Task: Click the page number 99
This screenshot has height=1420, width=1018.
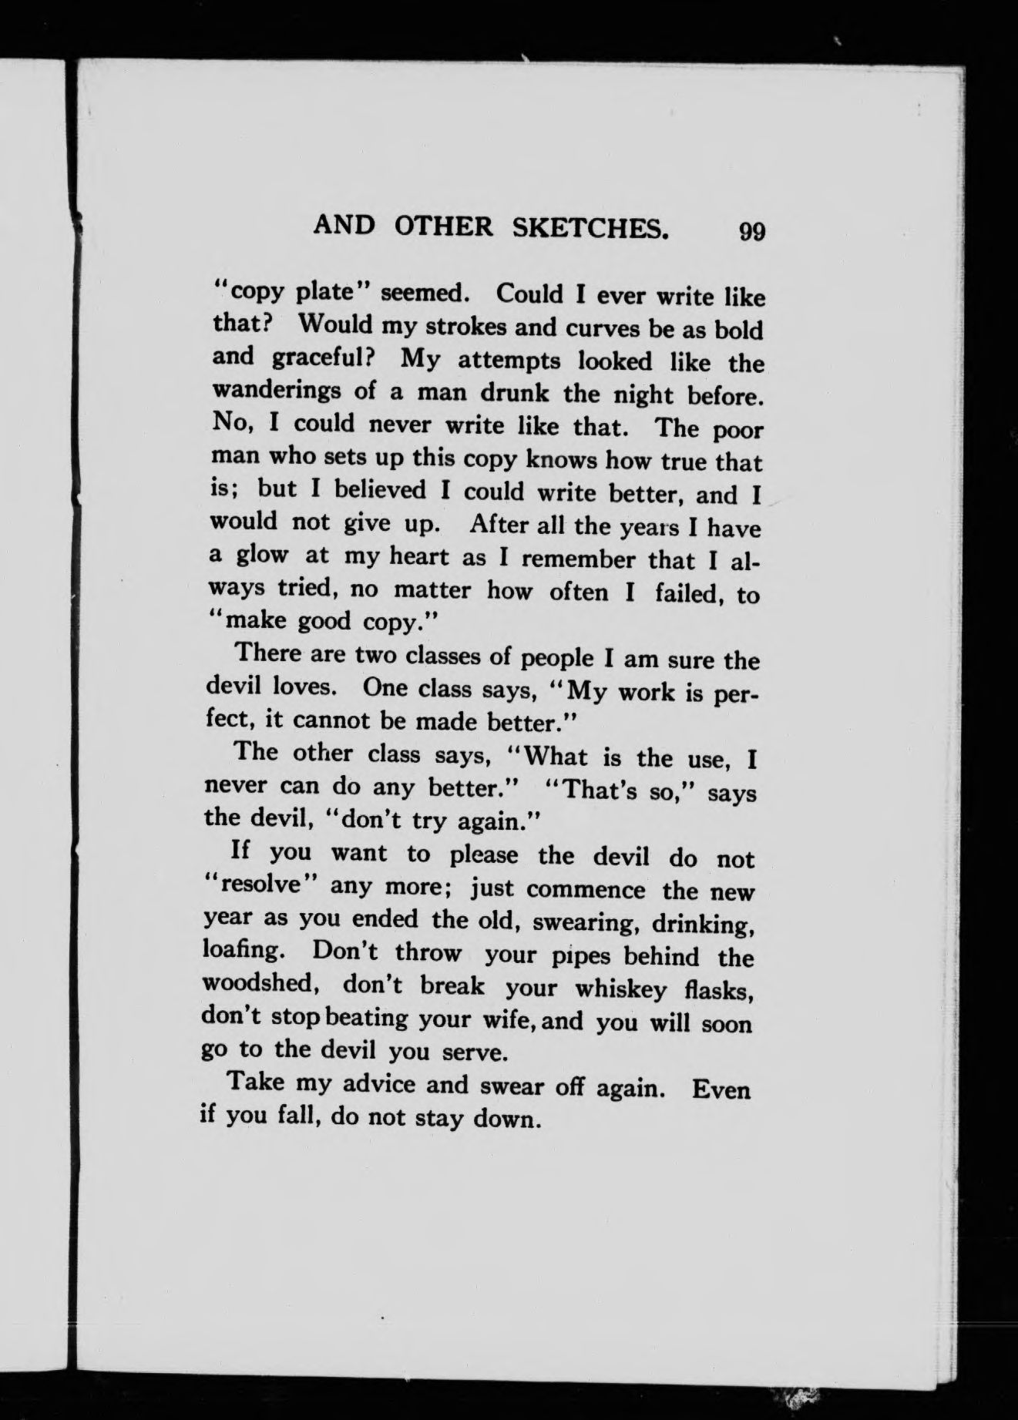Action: coord(751,232)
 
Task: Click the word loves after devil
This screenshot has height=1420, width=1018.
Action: coord(313,685)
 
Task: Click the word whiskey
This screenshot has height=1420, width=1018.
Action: coord(618,989)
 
